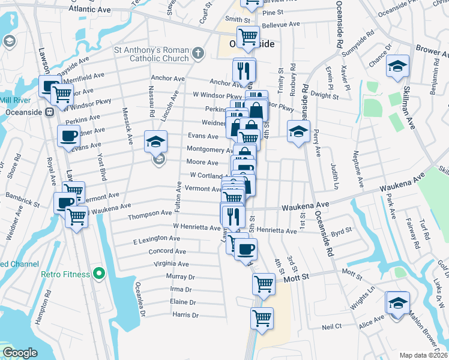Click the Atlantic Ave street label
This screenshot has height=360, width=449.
90,10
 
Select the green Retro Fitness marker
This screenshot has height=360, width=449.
98,275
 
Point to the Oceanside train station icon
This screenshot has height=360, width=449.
51,112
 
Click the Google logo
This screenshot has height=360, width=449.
20,352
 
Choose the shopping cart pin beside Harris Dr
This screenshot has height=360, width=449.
262,318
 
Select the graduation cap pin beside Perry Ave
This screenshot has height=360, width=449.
298,131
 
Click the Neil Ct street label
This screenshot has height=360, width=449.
331,326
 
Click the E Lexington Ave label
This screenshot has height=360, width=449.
157,239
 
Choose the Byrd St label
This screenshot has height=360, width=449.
340,230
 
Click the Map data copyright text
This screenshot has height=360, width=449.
424,355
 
